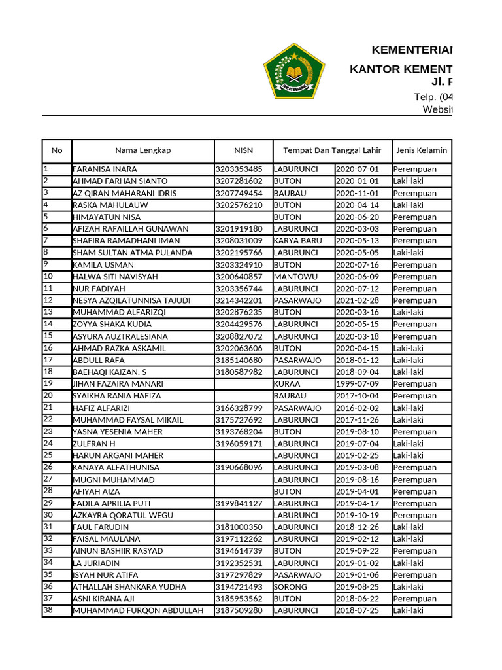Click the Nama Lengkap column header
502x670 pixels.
tap(143, 150)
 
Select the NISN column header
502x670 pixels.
tap(243, 150)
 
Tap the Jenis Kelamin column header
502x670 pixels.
tap(421, 150)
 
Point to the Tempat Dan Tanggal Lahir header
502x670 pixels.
tap(331, 150)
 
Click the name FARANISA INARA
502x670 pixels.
tap(105, 169)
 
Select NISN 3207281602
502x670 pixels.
tap(239, 181)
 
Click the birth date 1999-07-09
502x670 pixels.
tap(357, 384)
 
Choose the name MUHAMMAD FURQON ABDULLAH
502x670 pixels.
tap(138, 611)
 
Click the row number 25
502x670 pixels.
tap(48, 455)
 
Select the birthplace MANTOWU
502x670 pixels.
tap(292, 277)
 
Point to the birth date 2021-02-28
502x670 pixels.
tap(357, 300)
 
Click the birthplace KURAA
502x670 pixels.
tap(287, 384)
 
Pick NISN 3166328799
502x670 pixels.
tap(239, 408)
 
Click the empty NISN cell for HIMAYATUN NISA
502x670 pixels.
tap(243, 217)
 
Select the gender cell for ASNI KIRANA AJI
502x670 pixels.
tap(414, 599)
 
